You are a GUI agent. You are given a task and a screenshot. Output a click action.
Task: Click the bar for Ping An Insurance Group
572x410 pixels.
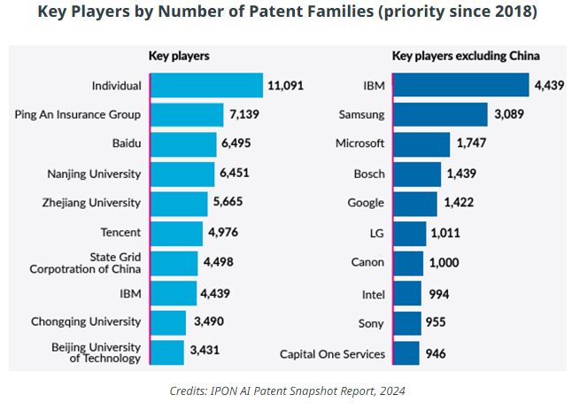pyautogui.click(x=186, y=115)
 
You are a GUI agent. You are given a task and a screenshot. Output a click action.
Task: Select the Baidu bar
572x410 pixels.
pyautogui.click(x=183, y=144)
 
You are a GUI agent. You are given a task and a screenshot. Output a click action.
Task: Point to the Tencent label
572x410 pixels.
pyautogui.click(x=120, y=233)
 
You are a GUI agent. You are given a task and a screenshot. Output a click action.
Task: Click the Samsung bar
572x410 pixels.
pyautogui.click(x=440, y=114)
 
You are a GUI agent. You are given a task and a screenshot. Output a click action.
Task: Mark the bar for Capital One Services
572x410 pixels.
pyautogui.click(x=406, y=354)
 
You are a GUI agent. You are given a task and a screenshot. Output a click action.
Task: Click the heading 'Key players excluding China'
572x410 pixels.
pyautogui.click(x=466, y=56)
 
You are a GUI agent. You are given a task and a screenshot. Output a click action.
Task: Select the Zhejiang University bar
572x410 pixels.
pyautogui.click(x=179, y=203)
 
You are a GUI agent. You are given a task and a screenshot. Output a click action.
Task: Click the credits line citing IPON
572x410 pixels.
pyautogui.click(x=286, y=391)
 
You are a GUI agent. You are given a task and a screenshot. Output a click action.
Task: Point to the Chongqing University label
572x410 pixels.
pyautogui.click(x=86, y=321)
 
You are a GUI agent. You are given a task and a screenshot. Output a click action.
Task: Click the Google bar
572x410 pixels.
pyautogui.click(x=414, y=204)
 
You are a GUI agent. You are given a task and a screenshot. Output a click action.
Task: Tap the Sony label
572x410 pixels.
pyautogui.click(x=371, y=324)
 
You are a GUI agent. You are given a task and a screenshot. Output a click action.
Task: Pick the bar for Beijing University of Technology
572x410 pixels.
pyautogui.click(x=167, y=352)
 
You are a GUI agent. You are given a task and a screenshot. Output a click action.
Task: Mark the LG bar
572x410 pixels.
pyautogui.click(x=409, y=234)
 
